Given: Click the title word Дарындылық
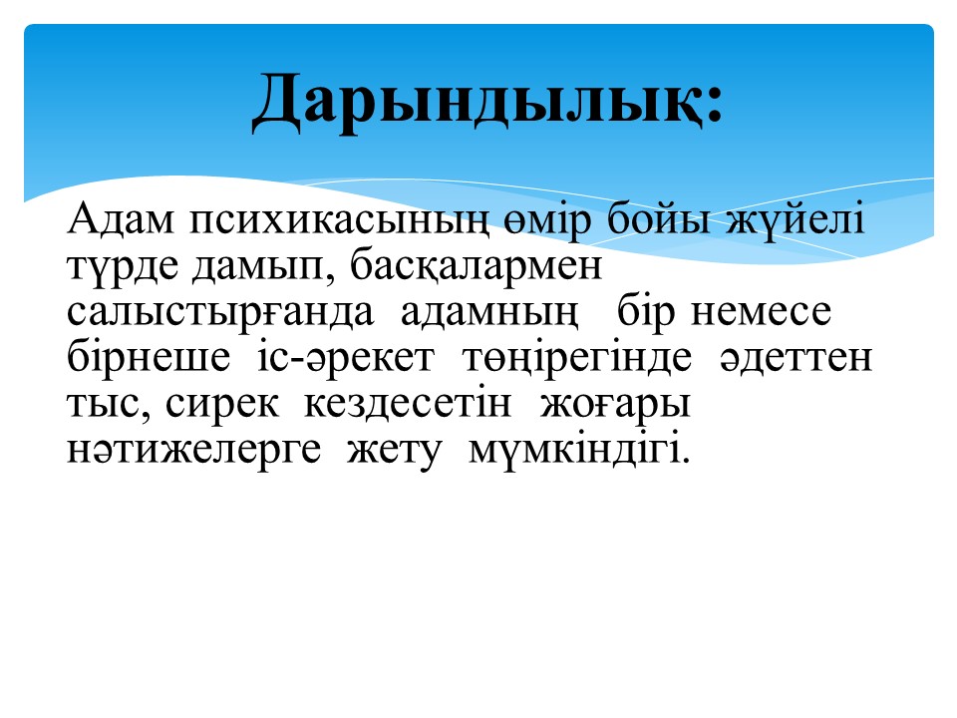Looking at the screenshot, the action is (477, 102).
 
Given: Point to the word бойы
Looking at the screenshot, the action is (658, 219).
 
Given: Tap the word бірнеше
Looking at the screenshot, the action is (149, 357).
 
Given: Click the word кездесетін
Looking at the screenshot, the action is (407, 404).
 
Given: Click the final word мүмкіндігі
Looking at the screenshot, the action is (578, 451).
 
